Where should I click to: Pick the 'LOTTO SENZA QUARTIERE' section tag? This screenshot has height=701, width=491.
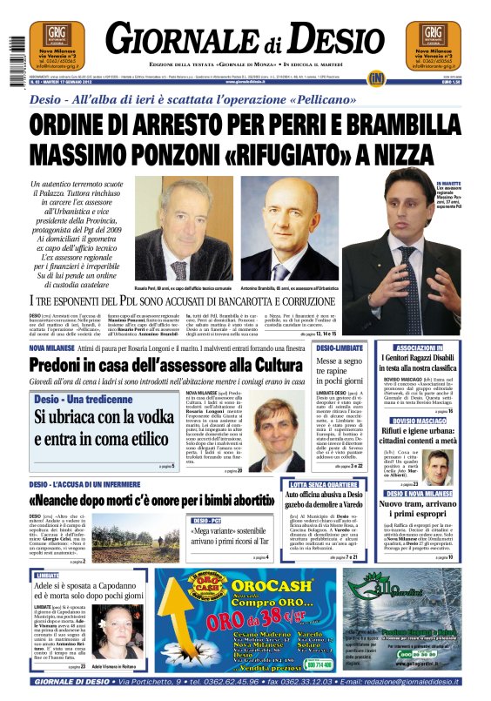coord(322,483)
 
